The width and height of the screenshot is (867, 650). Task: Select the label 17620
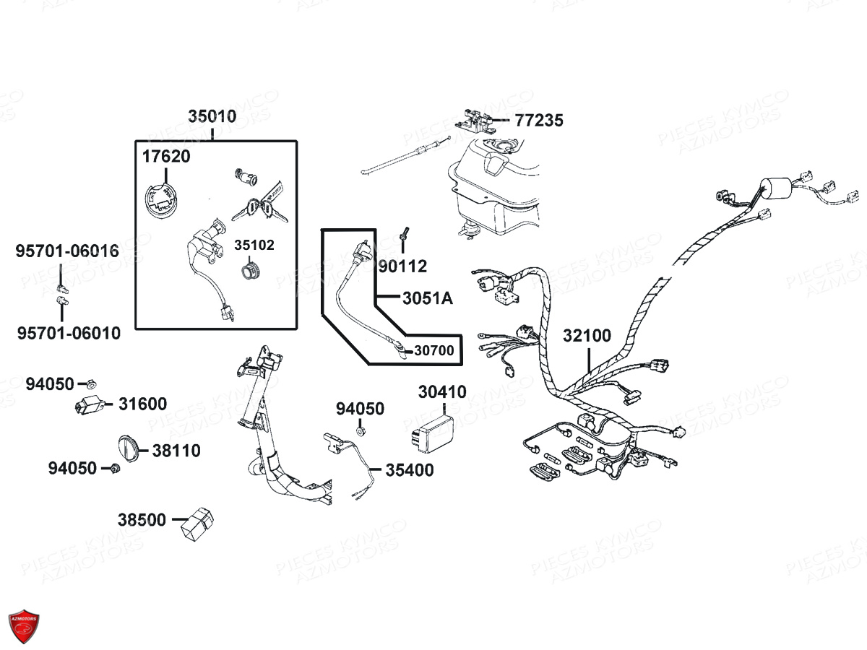(166, 156)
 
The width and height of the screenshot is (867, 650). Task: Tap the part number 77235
(539, 121)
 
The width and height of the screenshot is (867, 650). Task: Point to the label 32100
(587, 336)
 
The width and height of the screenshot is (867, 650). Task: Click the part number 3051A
(428, 298)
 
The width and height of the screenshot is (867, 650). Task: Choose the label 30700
(433, 351)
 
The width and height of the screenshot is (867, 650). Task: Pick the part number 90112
(402, 266)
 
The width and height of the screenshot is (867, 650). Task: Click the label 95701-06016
(68, 251)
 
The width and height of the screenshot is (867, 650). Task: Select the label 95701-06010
(69, 334)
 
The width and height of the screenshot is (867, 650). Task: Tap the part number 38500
(142, 520)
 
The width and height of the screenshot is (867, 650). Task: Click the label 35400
(410, 471)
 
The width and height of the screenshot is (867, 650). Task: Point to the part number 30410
(442, 392)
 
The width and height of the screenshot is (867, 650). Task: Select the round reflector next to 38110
(128, 450)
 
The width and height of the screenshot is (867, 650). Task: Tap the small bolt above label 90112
(403, 235)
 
